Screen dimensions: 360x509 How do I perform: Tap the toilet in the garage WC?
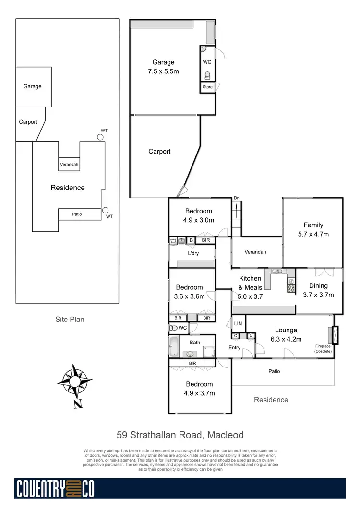tap(207, 75)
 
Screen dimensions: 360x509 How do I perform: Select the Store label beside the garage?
tap(207, 87)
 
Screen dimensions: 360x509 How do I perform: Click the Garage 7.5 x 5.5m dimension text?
tap(164, 71)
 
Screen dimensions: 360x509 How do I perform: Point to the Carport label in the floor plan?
tap(159, 152)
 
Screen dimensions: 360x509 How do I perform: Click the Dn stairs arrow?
tap(237, 208)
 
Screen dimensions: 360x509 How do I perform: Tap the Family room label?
tap(313, 225)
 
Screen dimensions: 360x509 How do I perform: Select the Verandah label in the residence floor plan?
tap(255, 252)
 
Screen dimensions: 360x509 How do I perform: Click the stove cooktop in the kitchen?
tap(291, 288)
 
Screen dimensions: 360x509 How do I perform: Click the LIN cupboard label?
tap(238, 324)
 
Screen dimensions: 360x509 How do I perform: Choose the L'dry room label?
tap(193, 253)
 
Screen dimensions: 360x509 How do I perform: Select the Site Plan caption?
tap(70, 319)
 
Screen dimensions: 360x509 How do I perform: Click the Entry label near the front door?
tap(234, 348)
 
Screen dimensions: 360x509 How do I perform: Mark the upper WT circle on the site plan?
tap(100, 137)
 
